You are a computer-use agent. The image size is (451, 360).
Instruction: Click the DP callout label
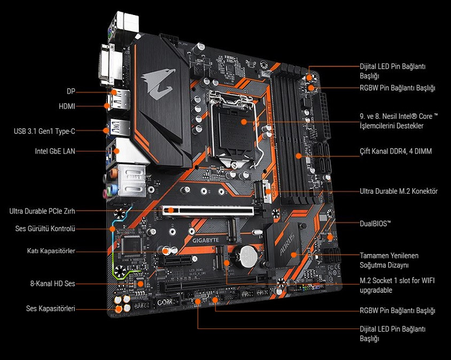71,91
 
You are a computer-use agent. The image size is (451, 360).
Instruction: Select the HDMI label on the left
67,106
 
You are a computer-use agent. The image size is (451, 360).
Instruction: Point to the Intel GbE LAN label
55,151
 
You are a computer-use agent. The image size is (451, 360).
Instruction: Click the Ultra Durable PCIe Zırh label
42,211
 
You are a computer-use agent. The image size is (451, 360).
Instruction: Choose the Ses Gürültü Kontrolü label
45,229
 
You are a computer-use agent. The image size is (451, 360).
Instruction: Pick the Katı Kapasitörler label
51,251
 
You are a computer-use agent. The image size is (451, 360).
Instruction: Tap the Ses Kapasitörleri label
51,309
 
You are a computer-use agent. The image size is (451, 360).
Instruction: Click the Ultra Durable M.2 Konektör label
399,191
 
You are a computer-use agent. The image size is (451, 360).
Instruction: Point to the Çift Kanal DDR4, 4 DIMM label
395,151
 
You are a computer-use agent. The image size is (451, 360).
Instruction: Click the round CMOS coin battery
248,256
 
